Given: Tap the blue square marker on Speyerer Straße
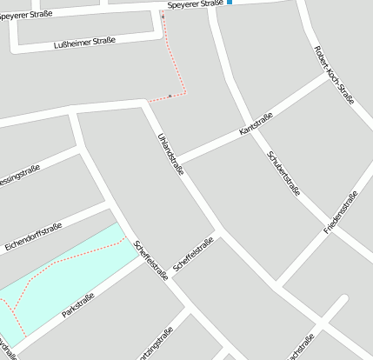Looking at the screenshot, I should coord(230,3).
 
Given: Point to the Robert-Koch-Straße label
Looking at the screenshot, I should coord(333,75).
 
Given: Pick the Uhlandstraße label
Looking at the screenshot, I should coord(171,155).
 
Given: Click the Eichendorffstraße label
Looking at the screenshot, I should coord(33,234).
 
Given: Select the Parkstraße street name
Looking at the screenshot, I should coord(78,305).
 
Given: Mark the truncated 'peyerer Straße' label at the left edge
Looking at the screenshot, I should coord(26,15).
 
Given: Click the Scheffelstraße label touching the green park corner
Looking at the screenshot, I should coord(151,259).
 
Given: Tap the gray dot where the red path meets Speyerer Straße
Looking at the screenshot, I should coord(163,15).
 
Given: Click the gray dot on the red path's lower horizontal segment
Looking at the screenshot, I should coord(169,96).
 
